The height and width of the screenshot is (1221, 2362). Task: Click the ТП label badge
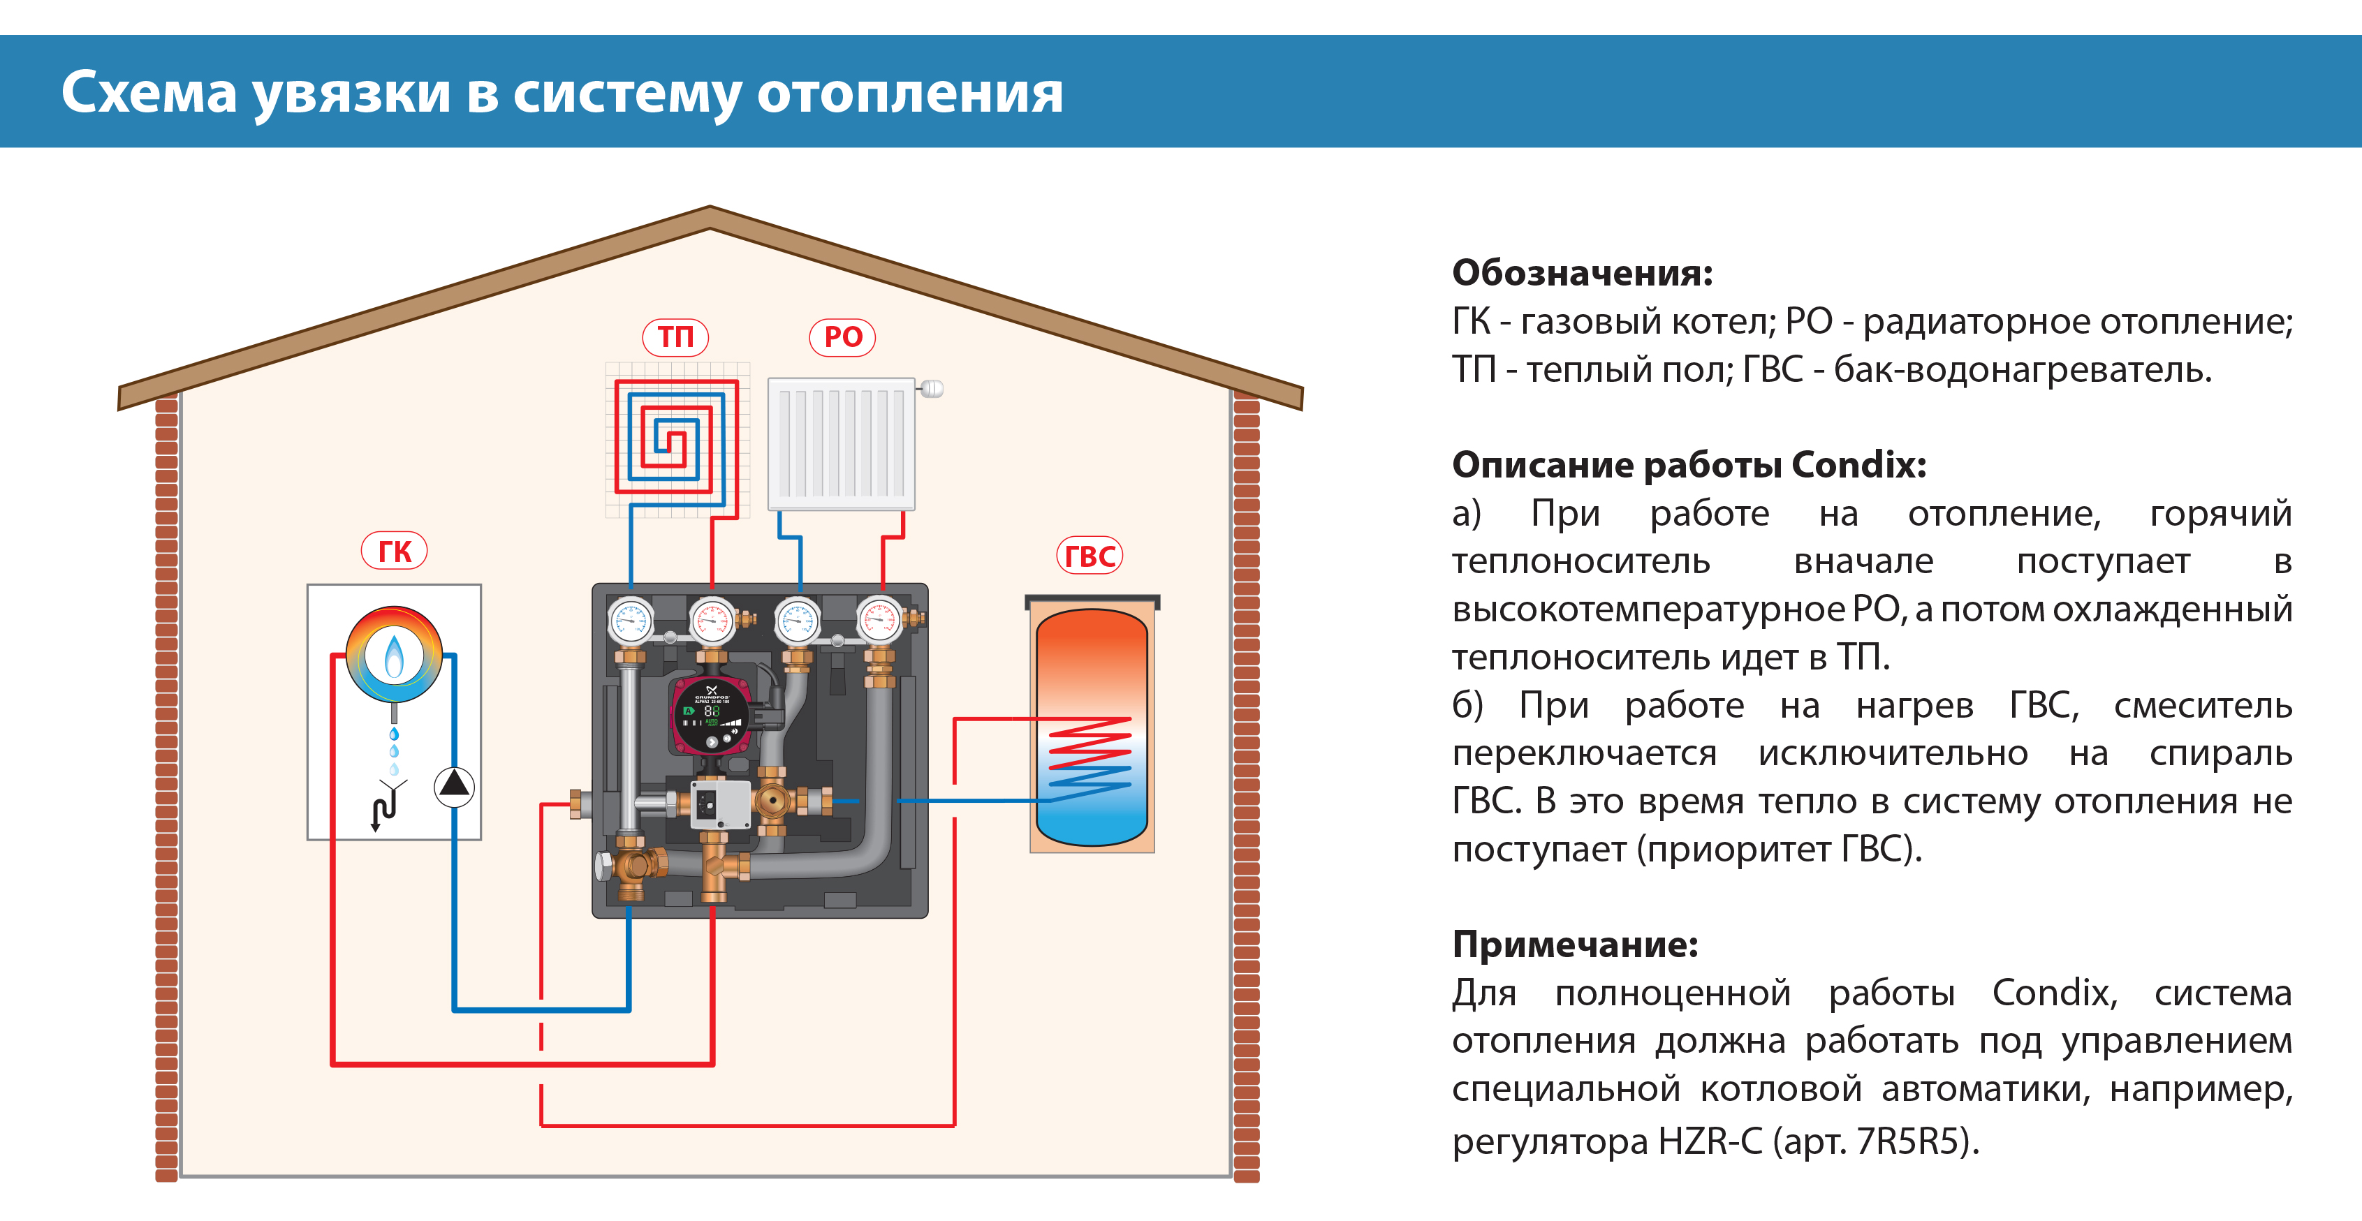(x=676, y=336)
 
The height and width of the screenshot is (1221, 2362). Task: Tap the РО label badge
(x=843, y=336)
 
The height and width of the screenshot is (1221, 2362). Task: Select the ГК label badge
(x=395, y=551)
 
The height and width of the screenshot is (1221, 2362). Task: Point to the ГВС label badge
(x=1090, y=556)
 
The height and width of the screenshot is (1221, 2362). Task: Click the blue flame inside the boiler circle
(x=395, y=656)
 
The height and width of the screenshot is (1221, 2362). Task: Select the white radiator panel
(x=841, y=444)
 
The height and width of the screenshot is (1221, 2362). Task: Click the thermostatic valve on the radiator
(x=931, y=389)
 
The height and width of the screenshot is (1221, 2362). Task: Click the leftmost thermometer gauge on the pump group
(x=631, y=621)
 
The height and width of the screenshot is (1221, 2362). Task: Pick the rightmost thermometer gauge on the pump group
(x=880, y=621)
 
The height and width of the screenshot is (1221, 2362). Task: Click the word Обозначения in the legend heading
(x=1582, y=273)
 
